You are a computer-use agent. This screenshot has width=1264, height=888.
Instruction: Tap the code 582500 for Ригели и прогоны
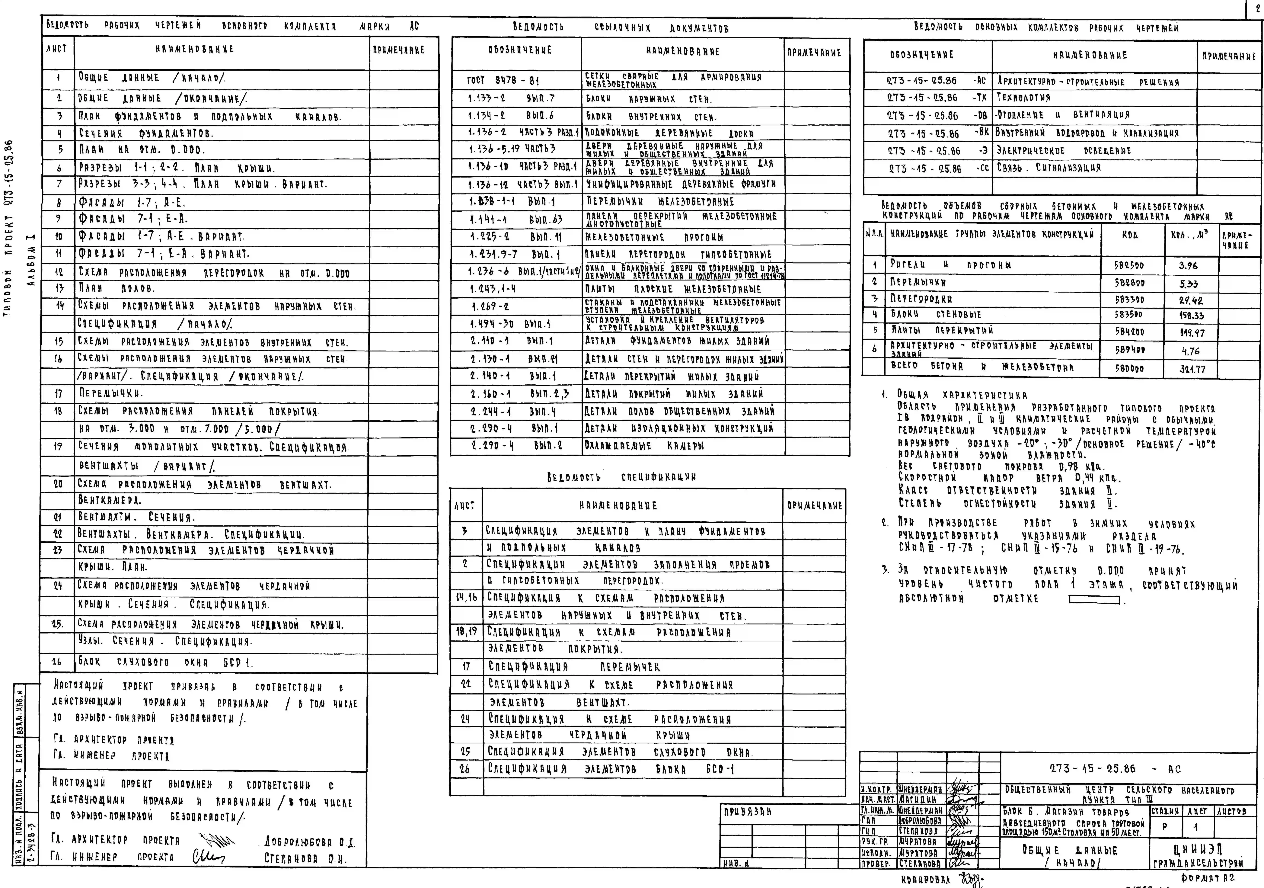(1129, 265)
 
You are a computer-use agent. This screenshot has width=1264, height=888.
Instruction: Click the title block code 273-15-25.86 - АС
(1115, 768)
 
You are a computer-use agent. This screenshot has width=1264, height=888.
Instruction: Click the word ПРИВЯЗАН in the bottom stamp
(748, 811)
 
